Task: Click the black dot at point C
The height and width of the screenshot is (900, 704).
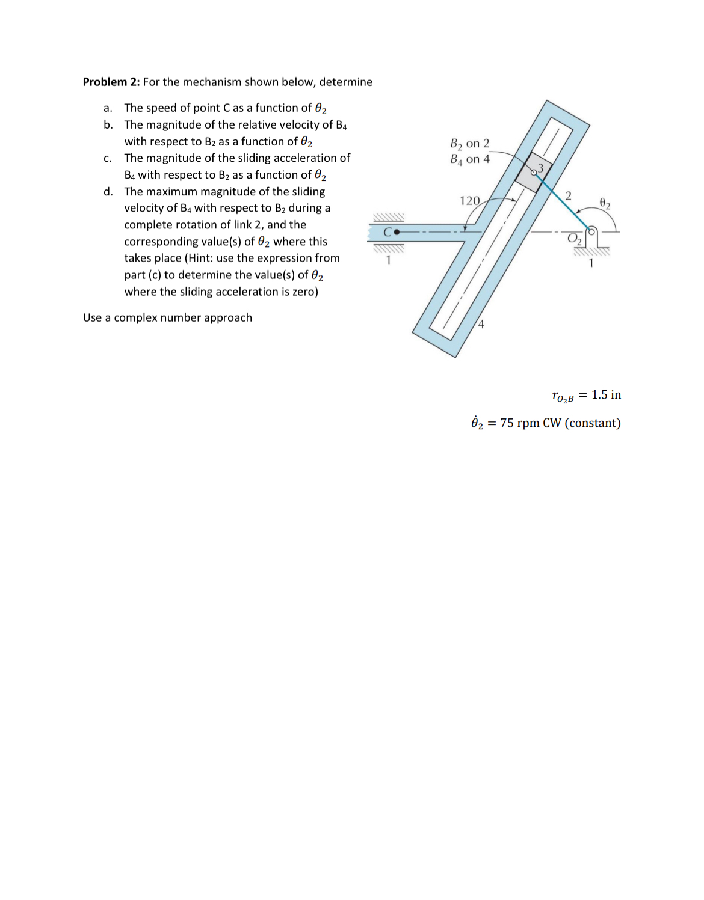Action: tap(396, 231)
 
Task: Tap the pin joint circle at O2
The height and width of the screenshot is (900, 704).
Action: tap(591, 231)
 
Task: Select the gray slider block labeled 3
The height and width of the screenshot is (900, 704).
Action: tap(534, 172)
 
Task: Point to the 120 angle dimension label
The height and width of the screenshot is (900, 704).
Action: tap(469, 201)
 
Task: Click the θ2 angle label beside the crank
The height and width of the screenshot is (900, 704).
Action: tap(605, 203)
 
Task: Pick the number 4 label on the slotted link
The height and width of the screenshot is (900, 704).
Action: tap(481, 325)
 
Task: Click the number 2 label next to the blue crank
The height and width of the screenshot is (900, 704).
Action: tap(568, 194)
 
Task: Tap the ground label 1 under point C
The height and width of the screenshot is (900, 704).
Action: tap(389, 260)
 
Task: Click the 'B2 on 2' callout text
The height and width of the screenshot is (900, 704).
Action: tap(470, 144)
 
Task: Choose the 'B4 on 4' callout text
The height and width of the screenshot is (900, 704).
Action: tap(470, 159)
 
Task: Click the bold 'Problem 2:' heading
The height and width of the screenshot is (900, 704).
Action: tap(111, 82)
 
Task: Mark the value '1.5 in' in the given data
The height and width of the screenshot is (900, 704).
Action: tap(606, 395)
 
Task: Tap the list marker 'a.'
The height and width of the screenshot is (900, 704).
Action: tap(108, 108)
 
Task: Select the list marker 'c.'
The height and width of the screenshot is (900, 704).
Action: tap(108, 158)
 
